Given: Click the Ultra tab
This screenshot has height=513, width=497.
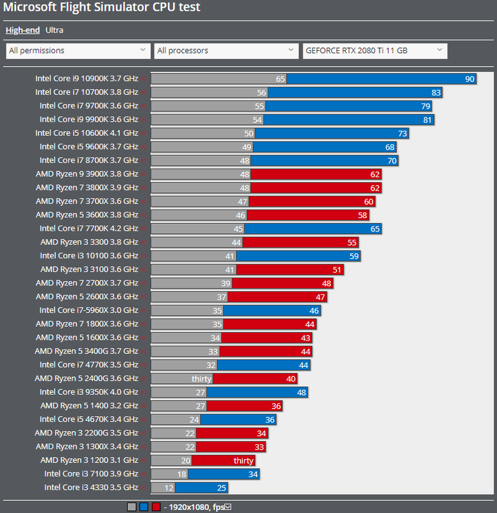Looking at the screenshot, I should pos(55,29).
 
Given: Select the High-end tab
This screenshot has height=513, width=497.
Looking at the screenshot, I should pos(23,29).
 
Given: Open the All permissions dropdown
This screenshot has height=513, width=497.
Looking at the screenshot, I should pos(78,51).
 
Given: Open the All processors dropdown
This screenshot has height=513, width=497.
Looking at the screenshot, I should pos(226,51).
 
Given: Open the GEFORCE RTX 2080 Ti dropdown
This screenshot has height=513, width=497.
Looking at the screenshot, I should pos(375,51).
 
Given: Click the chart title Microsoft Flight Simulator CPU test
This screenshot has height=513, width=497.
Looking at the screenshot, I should pos(102,8).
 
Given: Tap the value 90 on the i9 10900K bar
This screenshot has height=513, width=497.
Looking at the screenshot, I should pos(469,79).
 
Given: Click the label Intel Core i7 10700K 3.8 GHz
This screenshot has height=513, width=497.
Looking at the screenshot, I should pos(87,92).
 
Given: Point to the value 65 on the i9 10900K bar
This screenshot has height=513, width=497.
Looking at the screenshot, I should pos(280,79).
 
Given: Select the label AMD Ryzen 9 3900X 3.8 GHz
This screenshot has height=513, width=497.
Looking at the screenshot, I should pos(87,174).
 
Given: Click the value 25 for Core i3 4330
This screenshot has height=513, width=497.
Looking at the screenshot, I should pos(221,487).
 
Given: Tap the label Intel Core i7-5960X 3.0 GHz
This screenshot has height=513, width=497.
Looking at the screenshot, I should pos(88,310).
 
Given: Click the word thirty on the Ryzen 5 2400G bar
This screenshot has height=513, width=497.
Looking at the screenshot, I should pos(201,378).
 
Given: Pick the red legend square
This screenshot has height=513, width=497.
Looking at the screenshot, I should pos(156,507).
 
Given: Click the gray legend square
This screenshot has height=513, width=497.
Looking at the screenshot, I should pos(131,507).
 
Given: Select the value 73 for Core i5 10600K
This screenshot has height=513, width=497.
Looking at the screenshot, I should pos(403,133).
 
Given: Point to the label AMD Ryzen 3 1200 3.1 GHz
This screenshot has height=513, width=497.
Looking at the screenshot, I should pos(89,460).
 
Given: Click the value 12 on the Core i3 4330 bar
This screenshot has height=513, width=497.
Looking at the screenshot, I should pos(169,487).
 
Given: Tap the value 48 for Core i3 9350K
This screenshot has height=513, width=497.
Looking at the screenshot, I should pos(301,392).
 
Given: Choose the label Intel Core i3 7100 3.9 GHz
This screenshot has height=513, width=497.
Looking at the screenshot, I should pos(91,474).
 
